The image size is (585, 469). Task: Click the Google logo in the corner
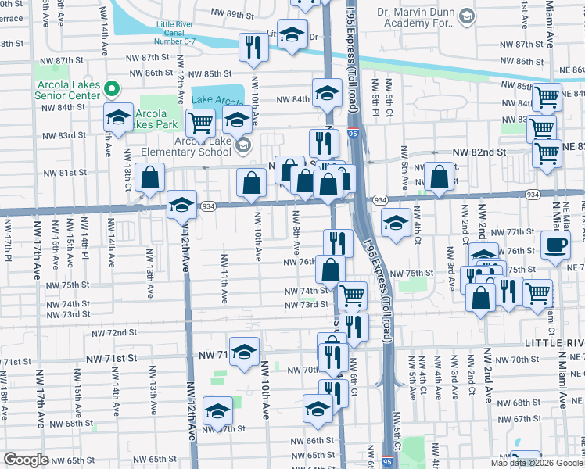click(26, 460)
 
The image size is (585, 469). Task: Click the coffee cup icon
click(556, 245)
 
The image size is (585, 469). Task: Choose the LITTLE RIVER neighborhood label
click(554, 343)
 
